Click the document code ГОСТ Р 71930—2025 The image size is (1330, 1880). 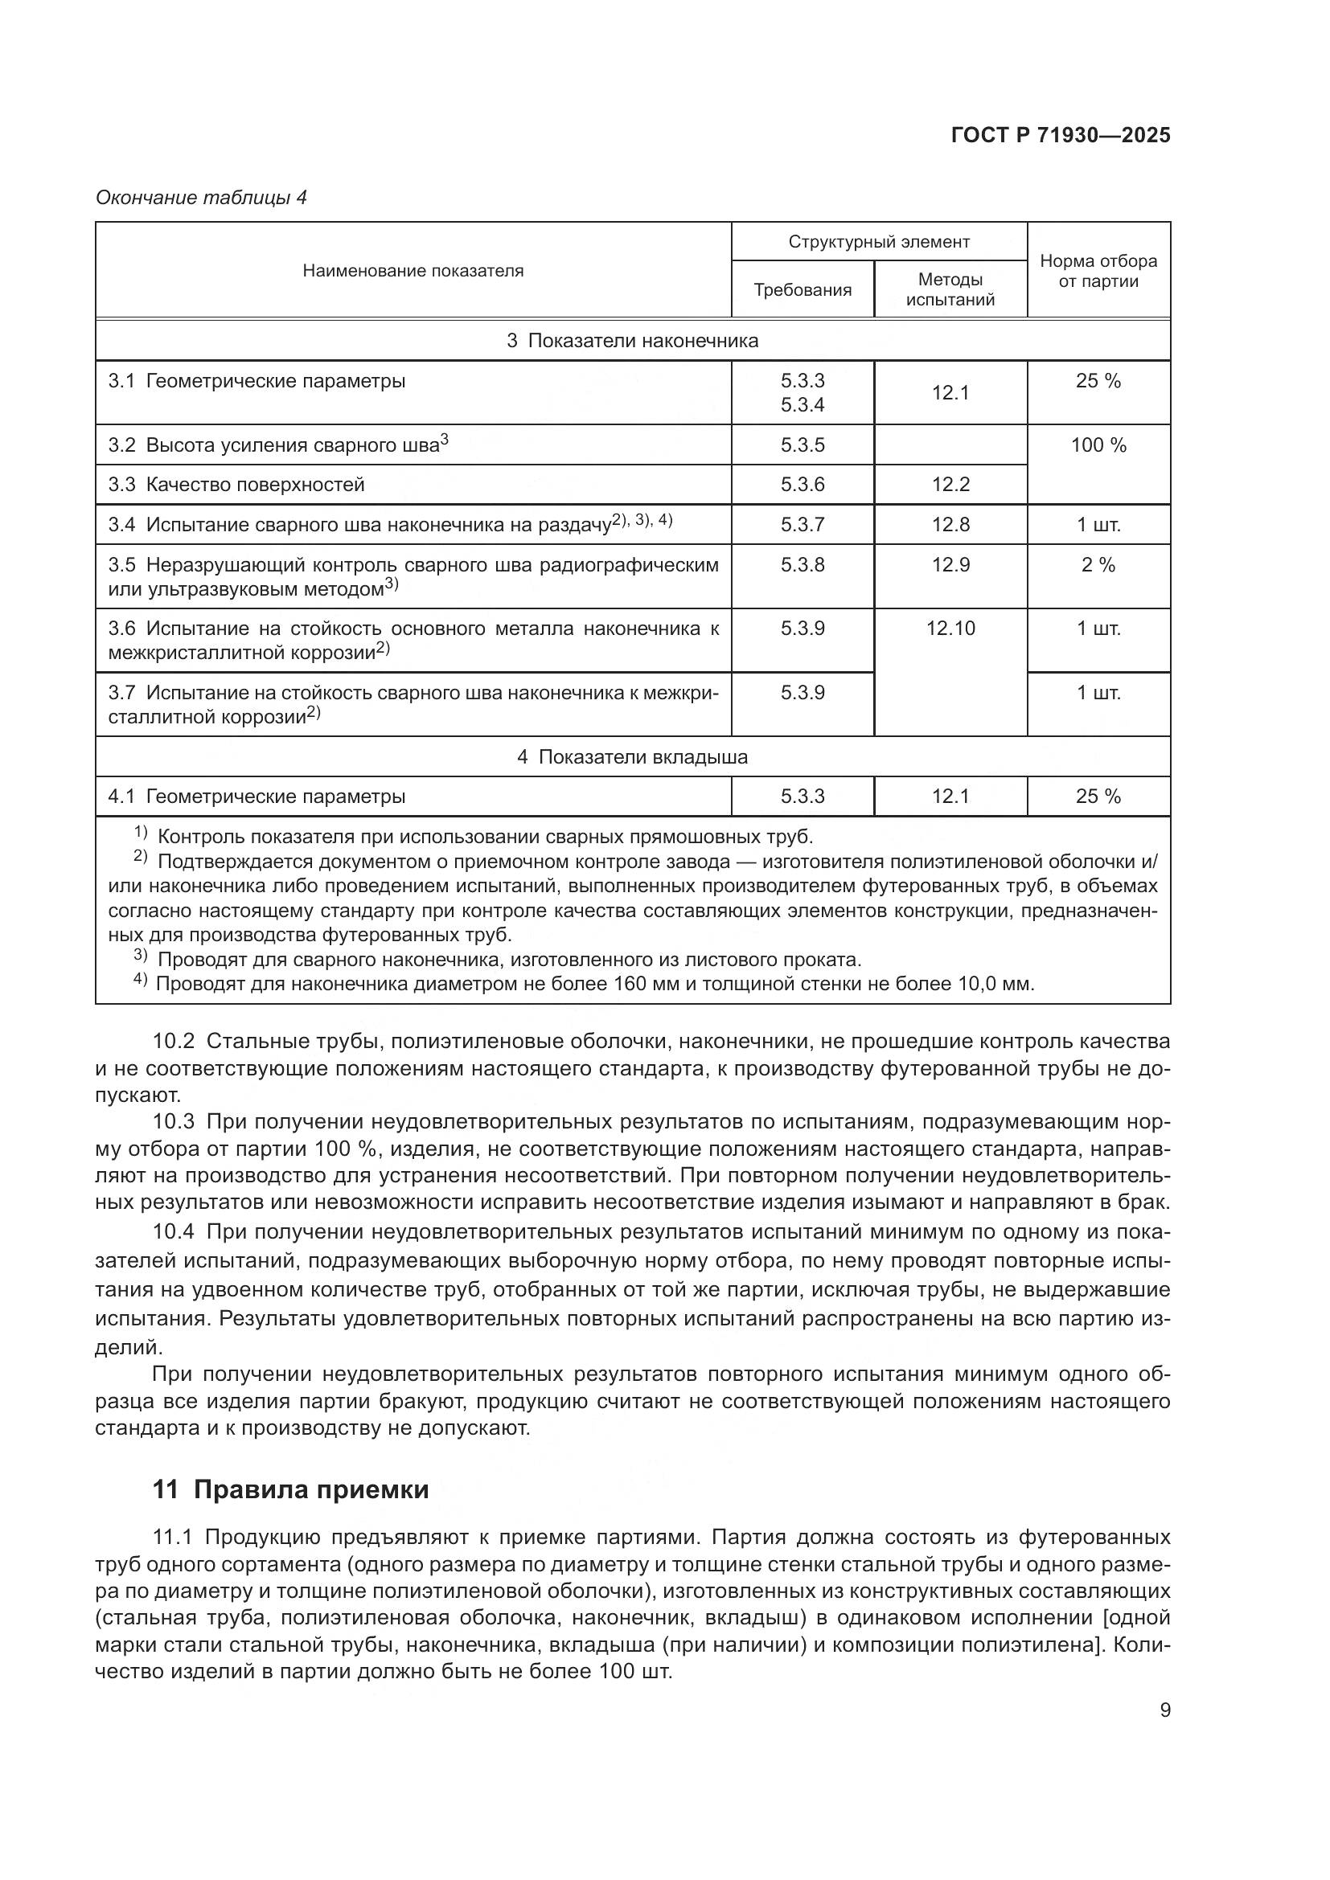click(x=1061, y=135)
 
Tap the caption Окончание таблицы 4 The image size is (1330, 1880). click(x=202, y=198)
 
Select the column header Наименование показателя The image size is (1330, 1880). click(x=413, y=271)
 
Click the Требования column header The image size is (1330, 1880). click(x=802, y=290)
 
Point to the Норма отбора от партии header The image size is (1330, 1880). click(x=1098, y=271)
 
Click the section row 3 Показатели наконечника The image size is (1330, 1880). click(x=632, y=341)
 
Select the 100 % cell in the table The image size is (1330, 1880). click(x=1098, y=445)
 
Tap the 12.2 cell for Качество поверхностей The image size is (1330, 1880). click(x=950, y=485)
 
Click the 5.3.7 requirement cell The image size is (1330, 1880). click(x=802, y=525)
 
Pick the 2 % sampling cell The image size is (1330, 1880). click(x=1098, y=565)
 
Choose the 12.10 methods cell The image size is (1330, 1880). click(x=950, y=629)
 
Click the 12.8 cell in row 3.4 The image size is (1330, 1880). click(x=950, y=525)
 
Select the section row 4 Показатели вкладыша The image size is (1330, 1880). click(x=632, y=756)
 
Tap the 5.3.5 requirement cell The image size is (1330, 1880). click(x=802, y=445)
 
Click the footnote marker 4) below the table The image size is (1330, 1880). click(x=141, y=981)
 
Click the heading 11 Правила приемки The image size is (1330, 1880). click(x=291, y=1489)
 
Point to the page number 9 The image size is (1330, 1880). click(x=1164, y=1710)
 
